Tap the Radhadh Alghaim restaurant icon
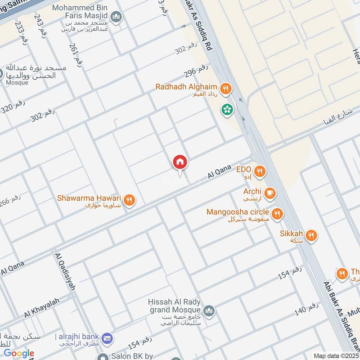pos(226,88)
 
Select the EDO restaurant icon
pos(259,171)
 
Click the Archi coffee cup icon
pos(270,193)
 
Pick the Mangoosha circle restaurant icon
pos(278,213)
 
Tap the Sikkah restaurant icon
pos(311,235)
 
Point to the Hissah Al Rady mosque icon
pos(208,310)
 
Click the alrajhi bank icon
pos(107,338)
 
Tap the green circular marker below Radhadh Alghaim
pos(226,109)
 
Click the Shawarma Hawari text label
pos(89,198)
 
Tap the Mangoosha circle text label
pos(238,212)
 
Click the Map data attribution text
pos(335,355)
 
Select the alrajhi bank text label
pos(77,337)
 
